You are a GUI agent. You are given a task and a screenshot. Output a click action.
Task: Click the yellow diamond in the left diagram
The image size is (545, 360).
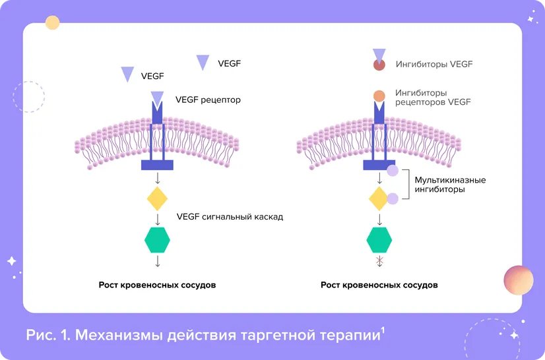(157, 198)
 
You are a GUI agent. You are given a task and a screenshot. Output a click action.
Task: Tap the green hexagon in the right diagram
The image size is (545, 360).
(379, 239)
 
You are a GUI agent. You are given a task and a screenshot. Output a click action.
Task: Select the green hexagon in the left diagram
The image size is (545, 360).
(157, 239)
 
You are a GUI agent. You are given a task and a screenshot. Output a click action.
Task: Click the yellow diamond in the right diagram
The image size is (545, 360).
(379, 198)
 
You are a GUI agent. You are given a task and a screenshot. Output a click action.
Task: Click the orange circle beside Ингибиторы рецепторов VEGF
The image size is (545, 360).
(379, 96)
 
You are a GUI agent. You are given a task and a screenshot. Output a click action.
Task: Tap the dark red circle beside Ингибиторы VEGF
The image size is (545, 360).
(379, 65)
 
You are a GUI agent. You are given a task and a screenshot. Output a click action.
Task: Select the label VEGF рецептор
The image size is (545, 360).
(208, 101)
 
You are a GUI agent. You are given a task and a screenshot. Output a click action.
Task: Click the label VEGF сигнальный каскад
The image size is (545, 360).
(230, 216)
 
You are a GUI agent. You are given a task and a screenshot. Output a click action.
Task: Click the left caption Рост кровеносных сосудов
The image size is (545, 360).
(157, 285)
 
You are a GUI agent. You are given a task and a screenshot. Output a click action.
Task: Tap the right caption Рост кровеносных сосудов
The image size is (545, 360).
(379, 285)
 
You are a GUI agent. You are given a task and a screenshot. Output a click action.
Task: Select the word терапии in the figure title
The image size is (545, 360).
(348, 335)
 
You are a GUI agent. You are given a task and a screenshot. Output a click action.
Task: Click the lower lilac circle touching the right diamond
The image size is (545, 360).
(393, 198)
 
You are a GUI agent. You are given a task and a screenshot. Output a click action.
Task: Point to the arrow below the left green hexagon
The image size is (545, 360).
(158, 261)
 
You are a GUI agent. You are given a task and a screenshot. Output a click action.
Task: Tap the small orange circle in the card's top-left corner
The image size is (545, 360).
(52, 23)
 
